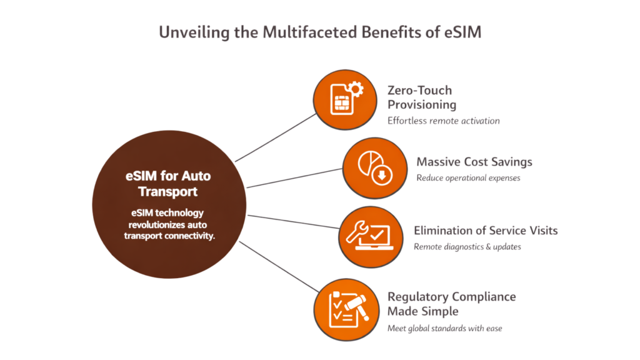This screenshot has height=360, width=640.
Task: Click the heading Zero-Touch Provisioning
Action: coord(422,97)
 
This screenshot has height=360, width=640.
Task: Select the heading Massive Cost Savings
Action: coord(474,162)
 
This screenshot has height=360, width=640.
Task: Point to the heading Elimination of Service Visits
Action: coord(486,231)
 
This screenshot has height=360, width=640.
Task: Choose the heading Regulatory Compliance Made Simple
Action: coord(451,303)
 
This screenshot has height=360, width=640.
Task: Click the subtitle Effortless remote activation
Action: coord(443,121)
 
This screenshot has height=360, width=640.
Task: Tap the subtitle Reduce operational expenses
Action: coord(468,178)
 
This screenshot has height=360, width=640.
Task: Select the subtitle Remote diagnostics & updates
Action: coord(467,247)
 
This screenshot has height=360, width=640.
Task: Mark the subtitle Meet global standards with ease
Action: coord(444,327)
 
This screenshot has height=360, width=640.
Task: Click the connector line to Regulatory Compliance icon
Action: coord(278,267)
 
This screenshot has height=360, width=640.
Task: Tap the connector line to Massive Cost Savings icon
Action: coord(294,179)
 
